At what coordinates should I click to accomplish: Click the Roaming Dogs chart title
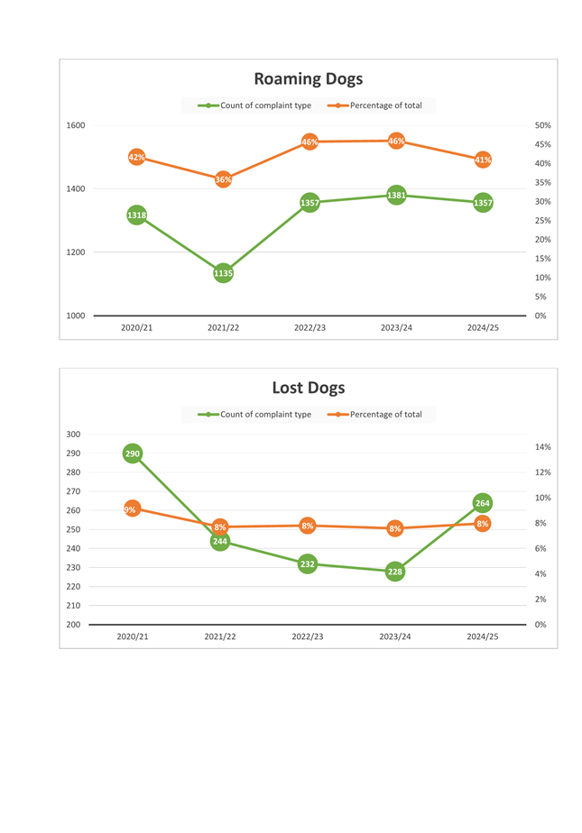308,79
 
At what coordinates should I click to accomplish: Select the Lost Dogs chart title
308,389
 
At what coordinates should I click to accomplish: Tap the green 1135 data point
223,272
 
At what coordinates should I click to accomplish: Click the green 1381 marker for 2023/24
396,195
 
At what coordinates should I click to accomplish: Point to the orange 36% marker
223,179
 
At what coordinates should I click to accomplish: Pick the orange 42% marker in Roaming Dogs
136,157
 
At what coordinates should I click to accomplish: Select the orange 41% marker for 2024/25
483,160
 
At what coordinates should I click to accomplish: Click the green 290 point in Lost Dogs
132,453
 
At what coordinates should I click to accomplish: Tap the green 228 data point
395,571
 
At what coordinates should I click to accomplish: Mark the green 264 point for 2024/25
483,503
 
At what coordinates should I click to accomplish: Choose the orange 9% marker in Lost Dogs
132,509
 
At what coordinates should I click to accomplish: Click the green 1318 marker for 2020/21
136,215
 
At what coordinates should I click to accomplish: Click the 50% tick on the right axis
542,125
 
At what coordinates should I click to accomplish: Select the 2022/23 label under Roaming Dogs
309,328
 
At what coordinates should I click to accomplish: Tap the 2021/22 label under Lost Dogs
220,636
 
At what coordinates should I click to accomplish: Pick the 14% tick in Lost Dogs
542,447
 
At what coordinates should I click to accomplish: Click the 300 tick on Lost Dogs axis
73,435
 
